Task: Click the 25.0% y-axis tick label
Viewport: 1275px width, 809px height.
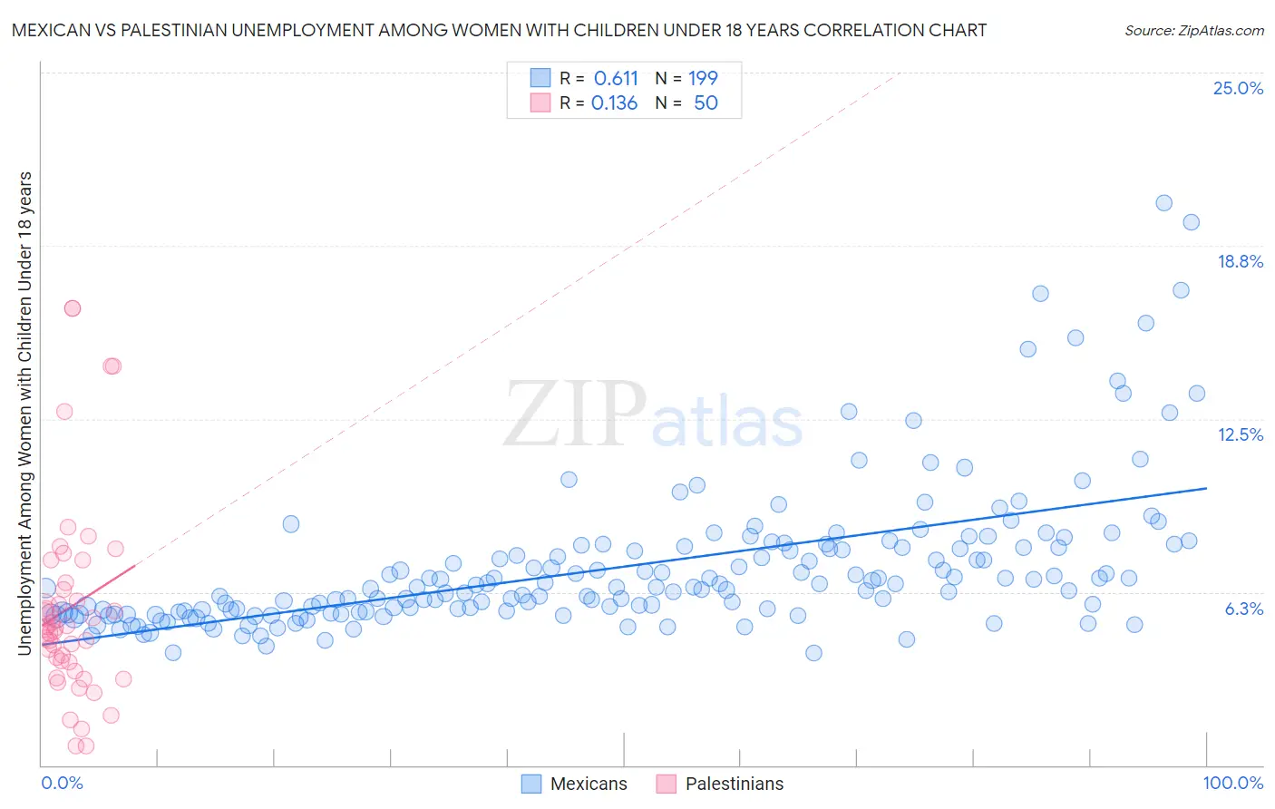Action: click(1238, 88)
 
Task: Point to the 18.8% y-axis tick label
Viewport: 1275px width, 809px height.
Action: click(1240, 261)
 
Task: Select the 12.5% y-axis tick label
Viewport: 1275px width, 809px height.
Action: click(1240, 434)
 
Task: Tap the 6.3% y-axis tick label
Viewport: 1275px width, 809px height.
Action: click(1243, 609)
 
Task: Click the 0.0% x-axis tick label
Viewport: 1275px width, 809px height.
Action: click(62, 783)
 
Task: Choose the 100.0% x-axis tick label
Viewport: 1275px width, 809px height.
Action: click(1232, 783)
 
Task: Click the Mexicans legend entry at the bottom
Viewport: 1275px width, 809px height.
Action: click(588, 784)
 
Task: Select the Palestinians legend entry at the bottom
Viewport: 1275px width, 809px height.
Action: click(734, 784)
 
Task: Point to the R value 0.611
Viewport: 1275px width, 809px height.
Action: click(616, 78)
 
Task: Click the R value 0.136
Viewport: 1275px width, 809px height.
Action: click(614, 103)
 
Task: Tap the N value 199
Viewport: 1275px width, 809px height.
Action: click(703, 78)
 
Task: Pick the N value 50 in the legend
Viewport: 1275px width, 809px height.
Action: click(706, 103)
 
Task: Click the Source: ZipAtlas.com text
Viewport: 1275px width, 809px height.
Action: click(1193, 30)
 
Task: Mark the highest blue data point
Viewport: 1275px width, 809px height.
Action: click(1163, 203)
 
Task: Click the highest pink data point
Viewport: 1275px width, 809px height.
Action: click(72, 308)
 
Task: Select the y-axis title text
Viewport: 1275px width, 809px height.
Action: click(24, 413)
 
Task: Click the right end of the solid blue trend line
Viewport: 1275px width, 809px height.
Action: click(1206, 488)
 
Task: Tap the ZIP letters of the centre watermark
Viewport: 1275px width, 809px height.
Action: click(575, 415)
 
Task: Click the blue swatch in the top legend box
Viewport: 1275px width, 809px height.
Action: click(540, 78)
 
